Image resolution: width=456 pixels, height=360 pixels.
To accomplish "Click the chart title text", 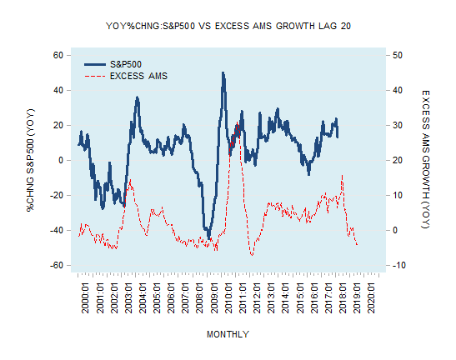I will point(228,26).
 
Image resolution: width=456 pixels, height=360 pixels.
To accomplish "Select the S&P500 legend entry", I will point(126,64).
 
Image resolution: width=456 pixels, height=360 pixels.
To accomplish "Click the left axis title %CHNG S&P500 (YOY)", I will point(32,160).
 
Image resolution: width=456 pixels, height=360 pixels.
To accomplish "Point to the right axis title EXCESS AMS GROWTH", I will point(425,160).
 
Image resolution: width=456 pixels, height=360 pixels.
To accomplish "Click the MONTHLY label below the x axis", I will point(228,334).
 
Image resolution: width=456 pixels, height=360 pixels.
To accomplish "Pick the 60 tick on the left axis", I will point(58,55).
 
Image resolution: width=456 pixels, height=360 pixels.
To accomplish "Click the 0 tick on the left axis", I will point(61,160).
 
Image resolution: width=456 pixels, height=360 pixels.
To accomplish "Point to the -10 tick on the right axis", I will point(399,265).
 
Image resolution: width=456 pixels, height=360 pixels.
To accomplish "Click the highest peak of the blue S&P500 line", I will point(223,73).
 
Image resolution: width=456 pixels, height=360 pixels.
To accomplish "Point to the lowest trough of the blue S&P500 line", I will point(208,237).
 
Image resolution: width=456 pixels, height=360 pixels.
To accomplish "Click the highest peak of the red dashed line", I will point(238,122).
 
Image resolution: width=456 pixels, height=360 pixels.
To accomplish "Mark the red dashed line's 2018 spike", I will point(342,176).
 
